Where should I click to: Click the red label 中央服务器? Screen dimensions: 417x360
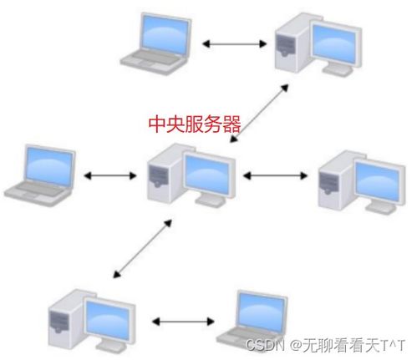195,124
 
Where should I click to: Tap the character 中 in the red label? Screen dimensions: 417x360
157,124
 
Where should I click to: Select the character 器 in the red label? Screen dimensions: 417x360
231,124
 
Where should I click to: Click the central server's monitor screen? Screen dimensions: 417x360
207,175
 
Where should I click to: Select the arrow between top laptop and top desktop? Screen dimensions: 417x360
234,43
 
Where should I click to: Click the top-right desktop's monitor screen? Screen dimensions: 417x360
334,43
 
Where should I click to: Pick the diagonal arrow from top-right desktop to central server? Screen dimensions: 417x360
259,114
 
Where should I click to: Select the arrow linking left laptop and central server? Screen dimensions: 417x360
110,175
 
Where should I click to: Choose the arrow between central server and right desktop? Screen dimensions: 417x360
275,175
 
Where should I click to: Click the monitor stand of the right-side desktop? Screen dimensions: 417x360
381,208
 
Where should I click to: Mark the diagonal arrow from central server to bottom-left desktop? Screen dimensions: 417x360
142,249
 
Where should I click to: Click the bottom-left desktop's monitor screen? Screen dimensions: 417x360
108,320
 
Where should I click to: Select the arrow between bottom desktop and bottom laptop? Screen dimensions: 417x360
183,322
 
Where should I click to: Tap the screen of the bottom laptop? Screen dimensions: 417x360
262,313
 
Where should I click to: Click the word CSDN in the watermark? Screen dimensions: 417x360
265,345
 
